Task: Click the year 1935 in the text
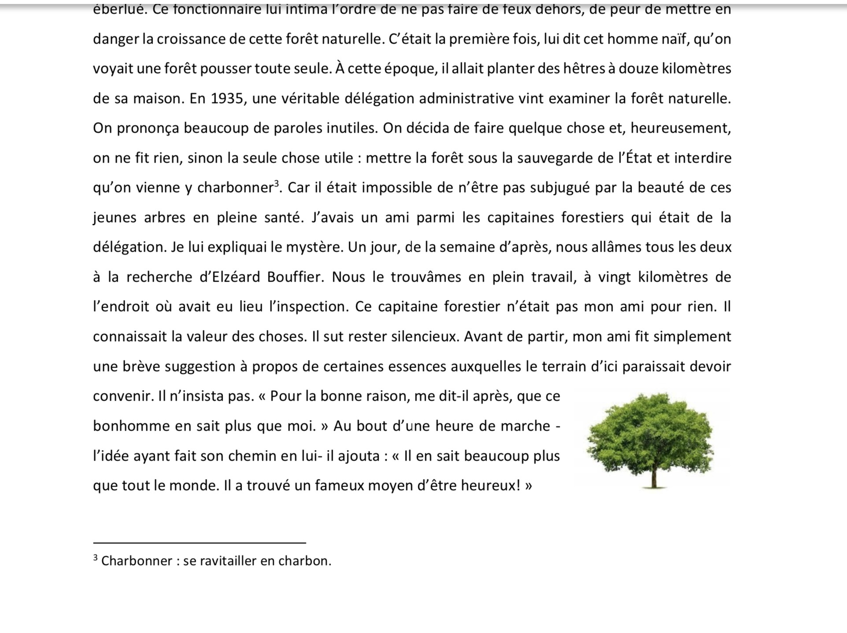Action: (227, 98)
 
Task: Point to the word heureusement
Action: (680, 128)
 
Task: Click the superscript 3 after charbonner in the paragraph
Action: (277, 183)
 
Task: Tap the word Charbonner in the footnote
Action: (137, 561)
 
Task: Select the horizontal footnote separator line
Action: (199, 543)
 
